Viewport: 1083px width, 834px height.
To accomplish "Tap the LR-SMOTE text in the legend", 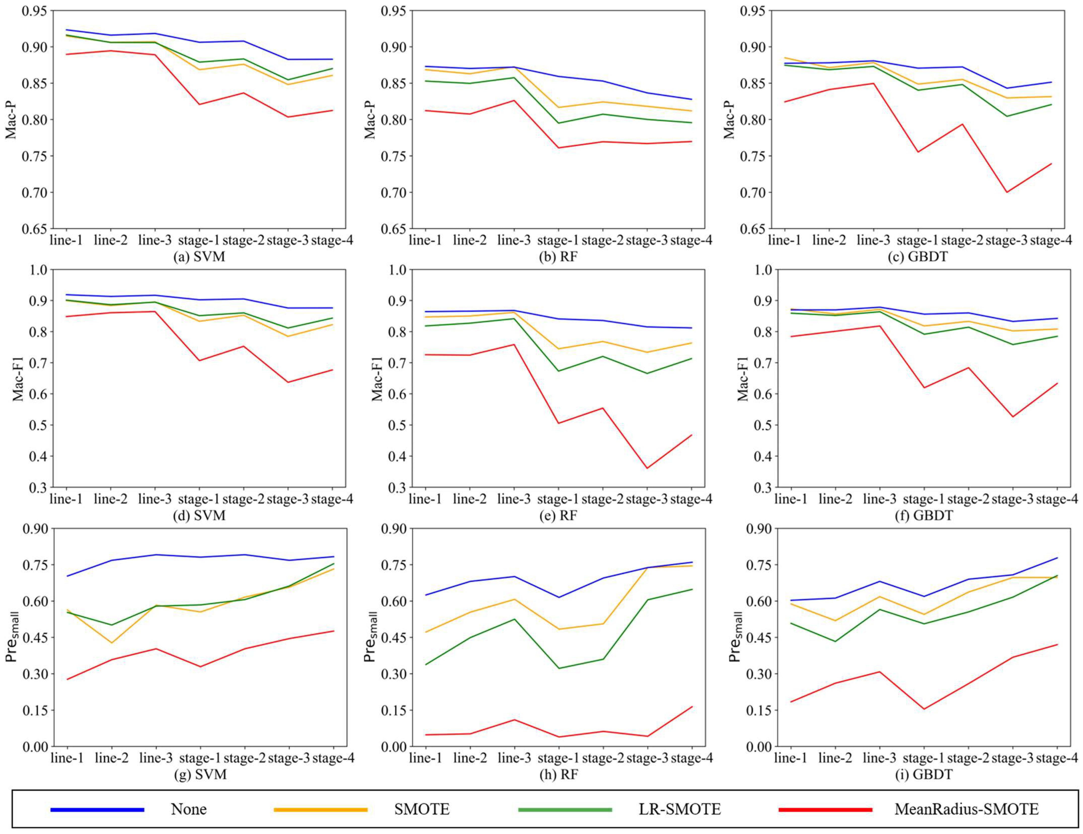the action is pos(679,809).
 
